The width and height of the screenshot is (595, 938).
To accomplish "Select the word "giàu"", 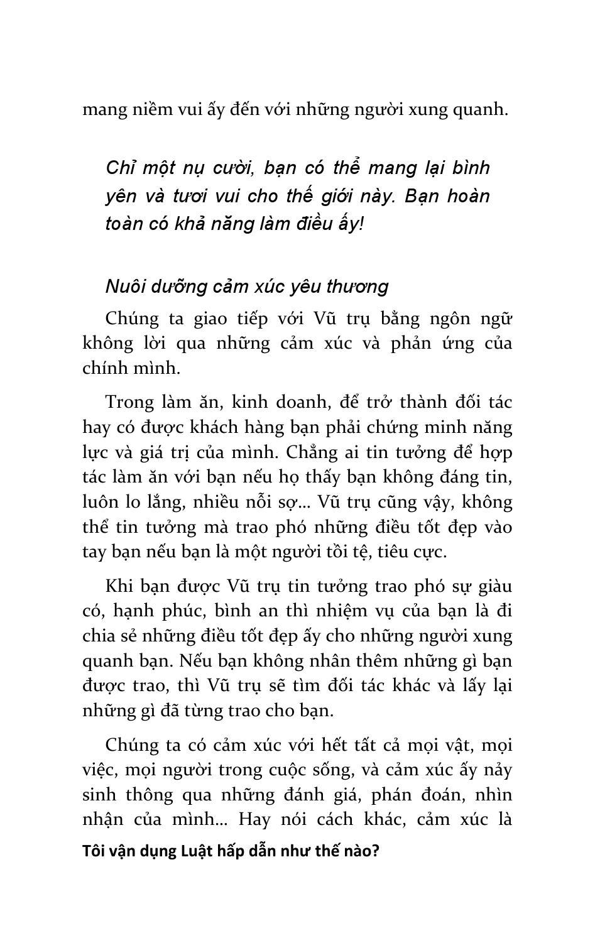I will tap(495, 586).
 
